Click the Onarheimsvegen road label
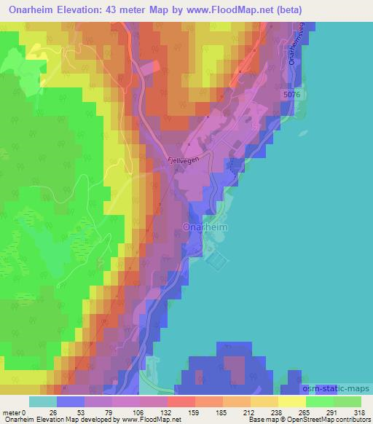[x=295, y=44]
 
